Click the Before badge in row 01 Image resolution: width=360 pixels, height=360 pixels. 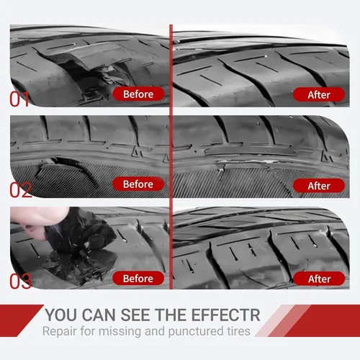click(x=138, y=94)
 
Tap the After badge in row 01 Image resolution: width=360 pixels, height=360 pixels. click(x=319, y=94)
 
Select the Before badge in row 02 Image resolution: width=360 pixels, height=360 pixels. click(x=138, y=184)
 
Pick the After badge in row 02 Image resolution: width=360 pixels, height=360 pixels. click(x=319, y=186)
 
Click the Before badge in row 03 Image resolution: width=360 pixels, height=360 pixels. click(x=138, y=279)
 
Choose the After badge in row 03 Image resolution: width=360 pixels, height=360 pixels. click(x=319, y=279)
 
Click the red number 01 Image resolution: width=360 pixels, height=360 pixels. click(x=19, y=99)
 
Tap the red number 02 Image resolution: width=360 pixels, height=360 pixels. click(x=21, y=189)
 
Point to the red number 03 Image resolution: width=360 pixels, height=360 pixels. click(x=21, y=281)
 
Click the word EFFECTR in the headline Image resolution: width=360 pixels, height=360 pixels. click(x=226, y=315)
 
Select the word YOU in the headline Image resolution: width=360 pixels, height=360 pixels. click(x=61, y=315)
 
